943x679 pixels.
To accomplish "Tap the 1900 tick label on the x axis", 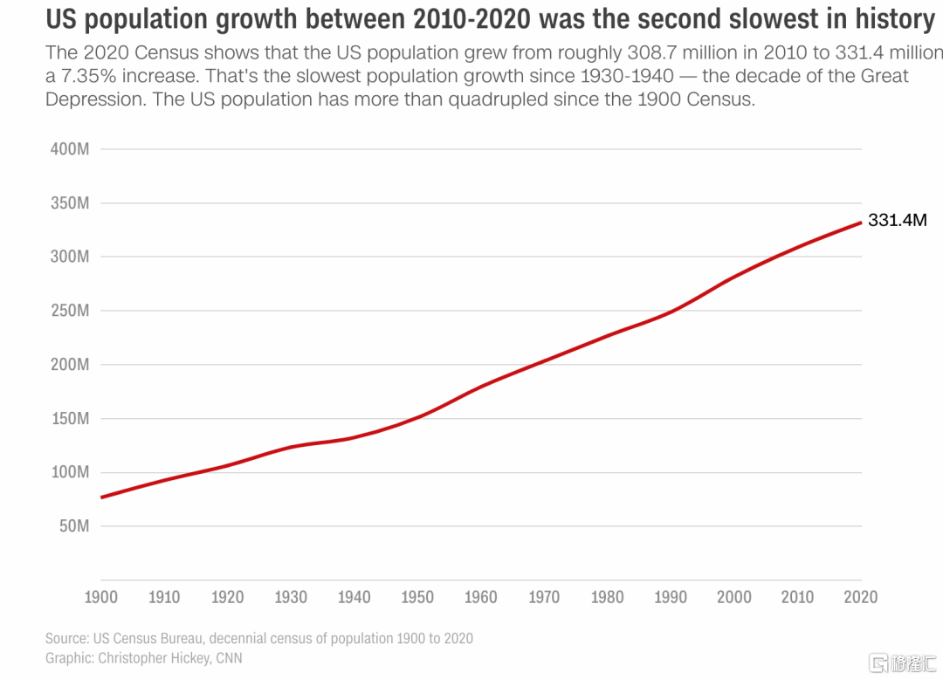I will coord(101,598).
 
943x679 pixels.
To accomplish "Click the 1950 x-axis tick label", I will coord(417,598).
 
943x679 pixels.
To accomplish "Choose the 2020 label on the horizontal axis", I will coord(861,598).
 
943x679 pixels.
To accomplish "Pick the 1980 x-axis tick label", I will coord(608,598).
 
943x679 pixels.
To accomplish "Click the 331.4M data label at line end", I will coord(897,221).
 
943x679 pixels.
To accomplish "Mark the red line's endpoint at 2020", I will coord(862,223).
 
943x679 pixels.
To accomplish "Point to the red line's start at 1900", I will coord(101,497).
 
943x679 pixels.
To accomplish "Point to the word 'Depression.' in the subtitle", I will coord(94,99).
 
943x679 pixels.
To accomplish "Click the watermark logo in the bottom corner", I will coord(903,660).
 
